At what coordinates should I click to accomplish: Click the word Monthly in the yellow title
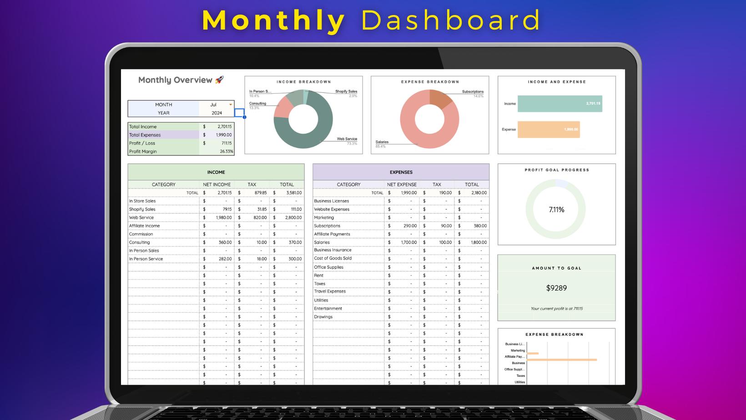coord(273,20)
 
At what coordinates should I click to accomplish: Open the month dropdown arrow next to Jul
coord(231,105)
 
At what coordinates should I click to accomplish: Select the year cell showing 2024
coord(217,113)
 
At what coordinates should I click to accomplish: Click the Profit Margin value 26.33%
coord(226,151)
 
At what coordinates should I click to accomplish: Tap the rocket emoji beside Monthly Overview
coord(219,80)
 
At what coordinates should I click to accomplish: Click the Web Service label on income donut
coord(347,139)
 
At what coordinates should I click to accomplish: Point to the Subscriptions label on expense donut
coord(473,92)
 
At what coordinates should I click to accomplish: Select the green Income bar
coord(559,104)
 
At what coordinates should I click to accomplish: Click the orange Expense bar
coord(548,130)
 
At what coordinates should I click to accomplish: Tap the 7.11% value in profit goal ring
coord(556,210)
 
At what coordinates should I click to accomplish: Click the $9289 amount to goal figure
coord(556,288)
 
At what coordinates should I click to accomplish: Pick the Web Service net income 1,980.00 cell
coord(223,218)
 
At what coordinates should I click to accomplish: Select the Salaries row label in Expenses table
coord(322,242)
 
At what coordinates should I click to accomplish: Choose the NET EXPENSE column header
coord(402,185)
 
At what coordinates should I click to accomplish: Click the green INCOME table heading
coord(216,172)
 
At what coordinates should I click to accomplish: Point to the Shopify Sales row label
coord(142,210)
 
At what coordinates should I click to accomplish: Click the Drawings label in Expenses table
coord(323,317)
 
